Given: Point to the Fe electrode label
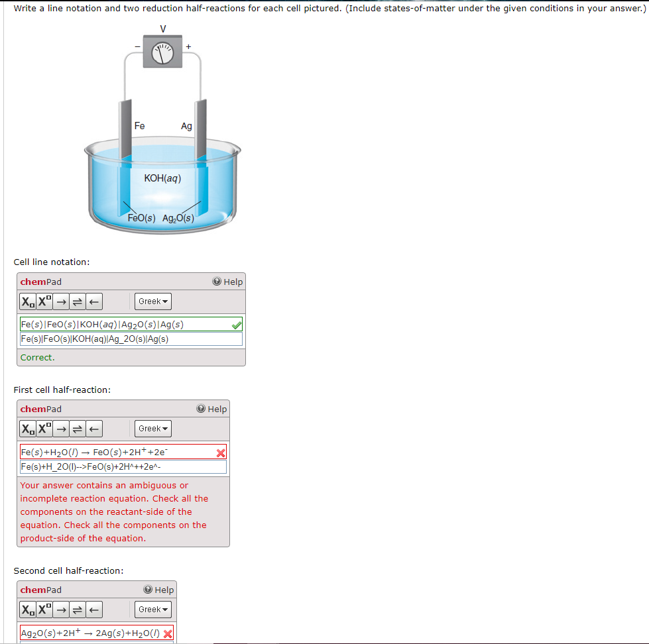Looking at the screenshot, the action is coord(139,125).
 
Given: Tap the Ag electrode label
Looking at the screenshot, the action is coord(186,126).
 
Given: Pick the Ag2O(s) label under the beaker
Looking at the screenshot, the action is coord(178,218).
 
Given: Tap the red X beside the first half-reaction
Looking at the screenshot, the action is coord(221,453).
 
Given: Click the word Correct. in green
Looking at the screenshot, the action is coord(37,357).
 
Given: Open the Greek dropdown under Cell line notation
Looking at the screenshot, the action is coord(154,301).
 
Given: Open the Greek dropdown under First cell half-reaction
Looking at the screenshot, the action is coord(154,429).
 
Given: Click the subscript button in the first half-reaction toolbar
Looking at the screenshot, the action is coord(28,429).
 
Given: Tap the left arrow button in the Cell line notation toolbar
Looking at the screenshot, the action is coord(94,301).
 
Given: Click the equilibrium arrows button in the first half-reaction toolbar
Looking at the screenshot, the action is coord(76,429).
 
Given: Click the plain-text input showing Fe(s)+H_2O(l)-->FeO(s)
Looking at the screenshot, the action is coord(123,467).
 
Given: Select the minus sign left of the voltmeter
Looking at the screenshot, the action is coord(137,46).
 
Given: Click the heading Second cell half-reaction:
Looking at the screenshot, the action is coord(68,570).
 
